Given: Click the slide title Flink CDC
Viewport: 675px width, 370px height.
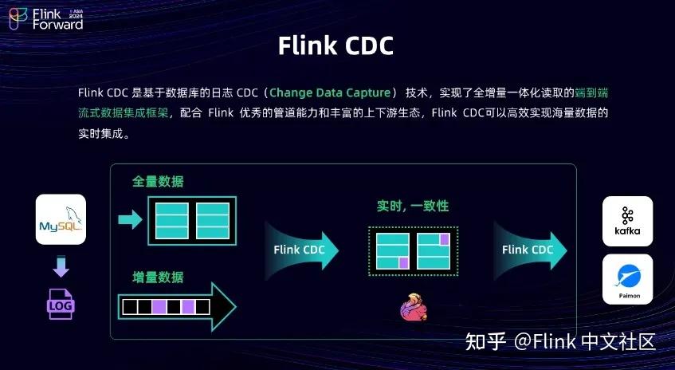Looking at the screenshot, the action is pyautogui.click(x=336, y=45).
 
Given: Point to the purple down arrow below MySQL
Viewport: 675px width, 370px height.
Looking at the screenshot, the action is pyautogui.click(x=61, y=265).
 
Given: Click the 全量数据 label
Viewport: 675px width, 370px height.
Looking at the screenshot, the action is pyautogui.click(x=158, y=182).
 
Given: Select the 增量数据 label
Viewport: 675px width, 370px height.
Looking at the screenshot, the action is pyautogui.click(x=158, y=277).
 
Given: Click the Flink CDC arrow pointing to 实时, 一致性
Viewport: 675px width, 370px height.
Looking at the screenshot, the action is pyautogui.click(x=301, y=250).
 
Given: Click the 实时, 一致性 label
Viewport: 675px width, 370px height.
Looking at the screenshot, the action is pyautogui.click(x=413, y=206).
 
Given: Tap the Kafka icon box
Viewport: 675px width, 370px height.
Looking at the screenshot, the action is pyautogui.click(x=627, y=221).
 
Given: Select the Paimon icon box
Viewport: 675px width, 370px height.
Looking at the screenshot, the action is pyautogui.click(x=627, y=279).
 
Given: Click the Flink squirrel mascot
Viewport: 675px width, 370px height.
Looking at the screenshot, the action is pyautogui.click(x=413, y=307).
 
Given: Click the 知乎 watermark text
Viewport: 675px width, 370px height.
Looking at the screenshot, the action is pyautogui.click(x=485, y=342).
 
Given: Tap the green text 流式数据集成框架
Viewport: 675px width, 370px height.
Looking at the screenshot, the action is pyautogui.click(x=124, y=113).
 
